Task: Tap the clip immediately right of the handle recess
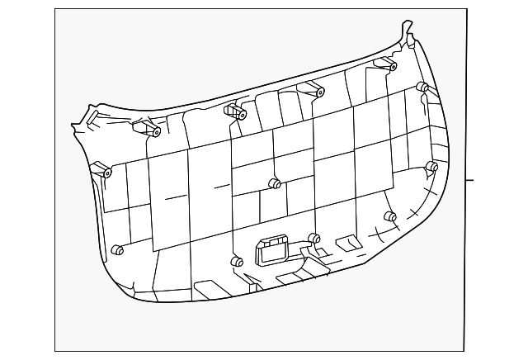coord(313,239)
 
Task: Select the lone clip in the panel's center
coord(276,183)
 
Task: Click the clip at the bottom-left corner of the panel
coord(117,250)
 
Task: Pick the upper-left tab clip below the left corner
coord(153,130)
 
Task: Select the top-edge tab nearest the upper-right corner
coord(386,64)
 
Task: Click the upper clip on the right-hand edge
coord(422,87)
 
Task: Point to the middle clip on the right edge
coord(431,167)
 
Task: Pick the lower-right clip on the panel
coord(390,217)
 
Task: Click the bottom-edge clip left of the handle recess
coord(237,263)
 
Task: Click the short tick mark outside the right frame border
coord(469,179)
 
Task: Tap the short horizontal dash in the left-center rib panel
coord(176,197)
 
